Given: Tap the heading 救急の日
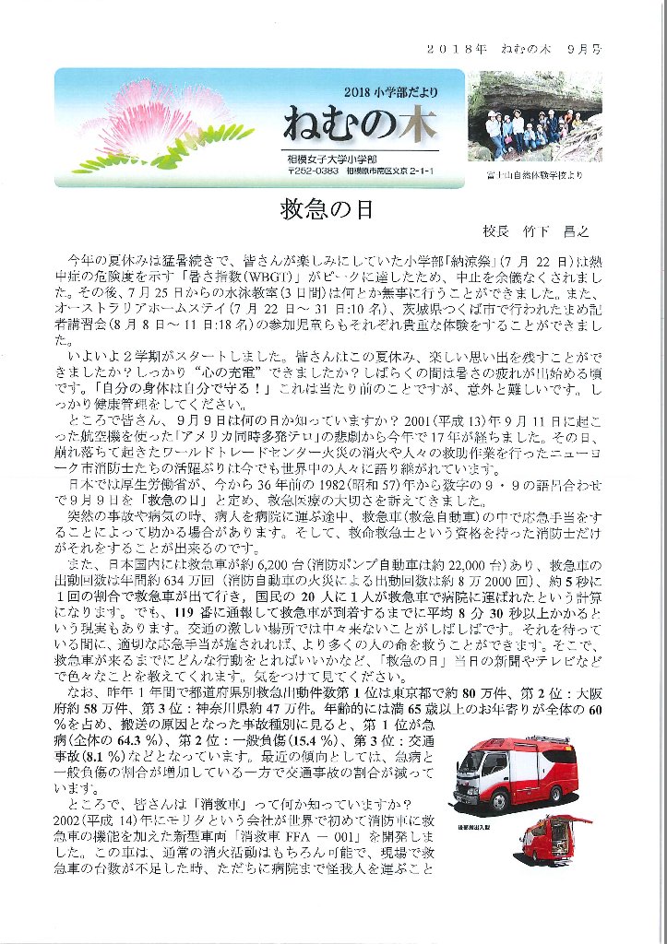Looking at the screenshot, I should (x=326, y=209).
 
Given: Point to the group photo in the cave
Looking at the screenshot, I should (x=534, y=117).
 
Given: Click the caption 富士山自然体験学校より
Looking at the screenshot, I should (x=535, y=173).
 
